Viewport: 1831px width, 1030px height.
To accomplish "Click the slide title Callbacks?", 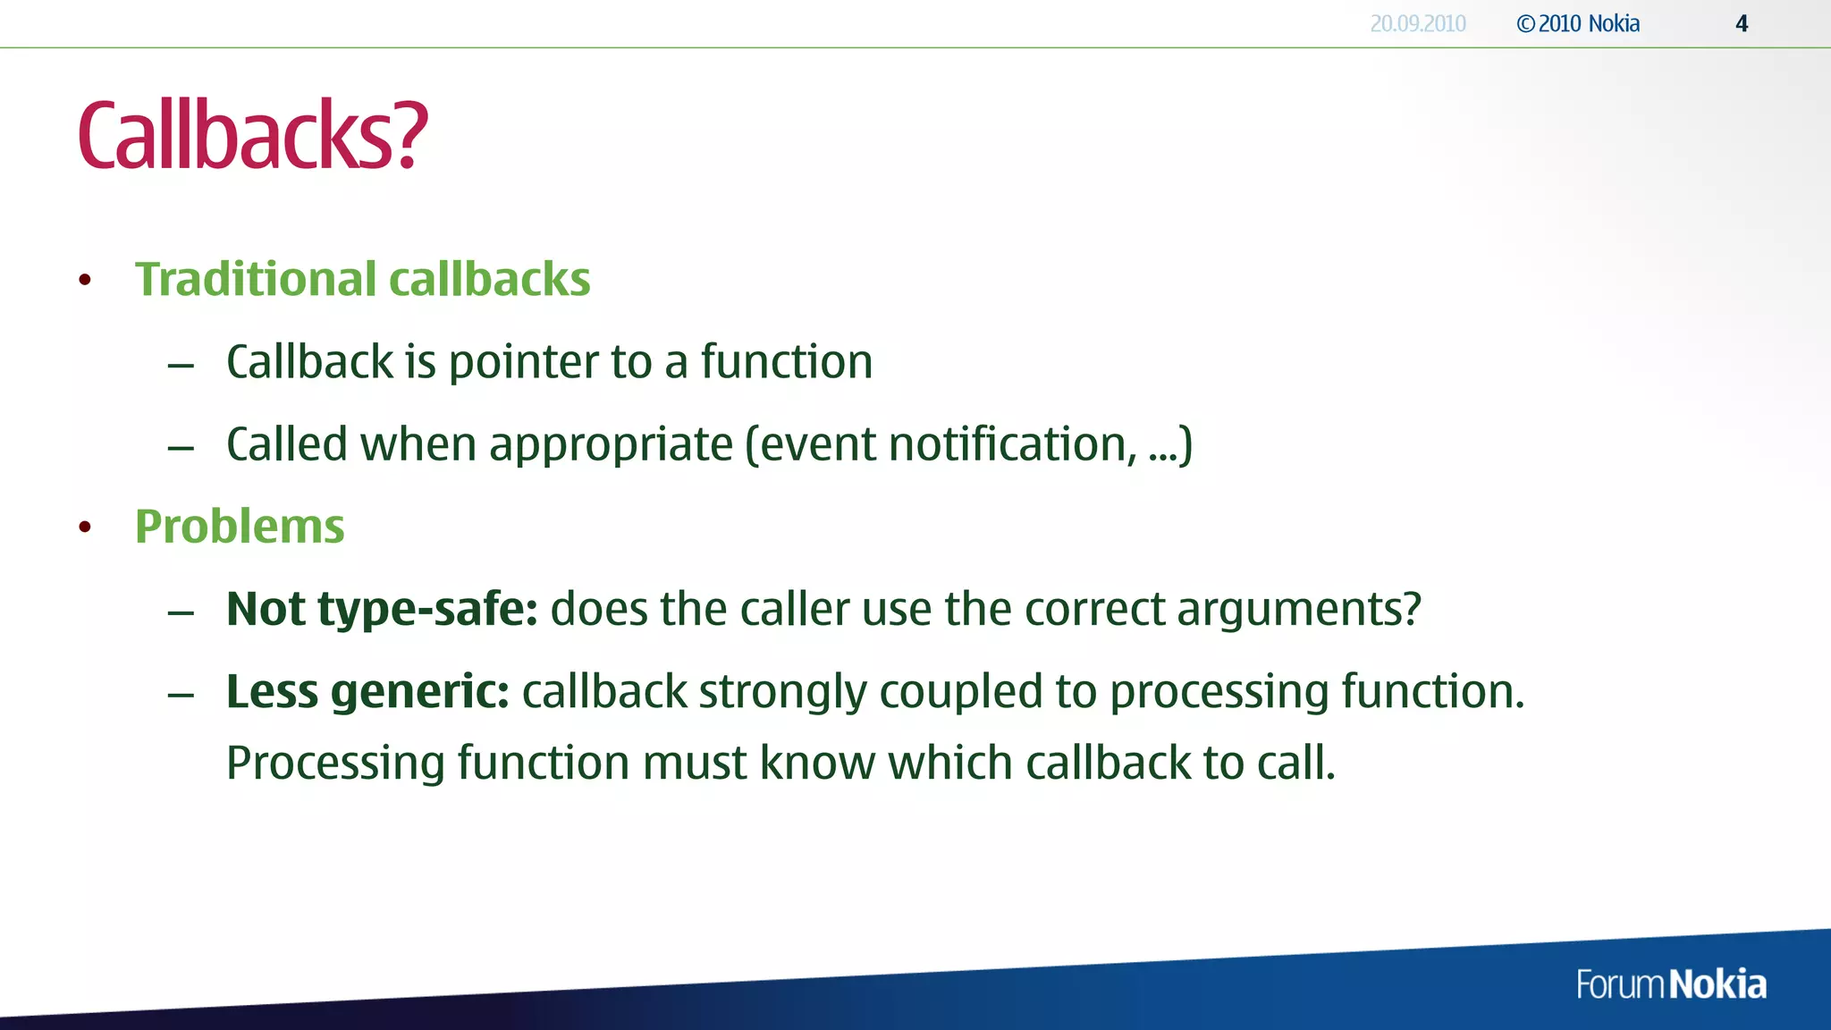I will (x=253, y=136).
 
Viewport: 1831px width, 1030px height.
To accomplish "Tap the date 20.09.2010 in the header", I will (x=1418, y=24).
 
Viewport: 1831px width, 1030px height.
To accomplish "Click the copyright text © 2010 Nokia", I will (x=1578, y=24).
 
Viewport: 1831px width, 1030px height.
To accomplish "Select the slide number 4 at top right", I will (x=1742, y=24).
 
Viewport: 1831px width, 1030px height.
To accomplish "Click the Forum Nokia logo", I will (x=1671, y=984).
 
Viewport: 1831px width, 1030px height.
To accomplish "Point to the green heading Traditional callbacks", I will (x=362, y=279).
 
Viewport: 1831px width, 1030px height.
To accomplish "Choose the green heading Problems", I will (x=240, y=526).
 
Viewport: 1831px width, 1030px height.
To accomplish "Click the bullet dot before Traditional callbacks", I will (x=85, y=280).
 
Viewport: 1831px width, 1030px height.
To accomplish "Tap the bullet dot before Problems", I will (x=85, y=527).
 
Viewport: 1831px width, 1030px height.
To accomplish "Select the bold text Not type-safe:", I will (x=382, y=610).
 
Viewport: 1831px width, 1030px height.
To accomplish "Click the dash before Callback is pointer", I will (x=181, y=365).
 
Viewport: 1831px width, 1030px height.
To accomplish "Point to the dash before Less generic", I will (x=181, y=695).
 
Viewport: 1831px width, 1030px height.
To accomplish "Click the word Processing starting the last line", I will (x=335, y=764).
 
